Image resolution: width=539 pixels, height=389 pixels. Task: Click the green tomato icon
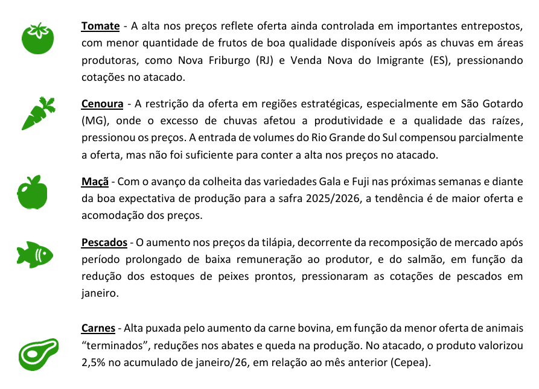(x=38, y=39)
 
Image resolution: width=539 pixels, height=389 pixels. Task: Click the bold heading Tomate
(x=101, y=27)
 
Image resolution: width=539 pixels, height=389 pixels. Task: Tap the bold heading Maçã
(x=95, y=182)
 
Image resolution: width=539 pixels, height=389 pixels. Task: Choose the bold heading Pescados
(x=104, y=242)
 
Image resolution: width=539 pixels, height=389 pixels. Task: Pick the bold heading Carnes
(x=98, y=329)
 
